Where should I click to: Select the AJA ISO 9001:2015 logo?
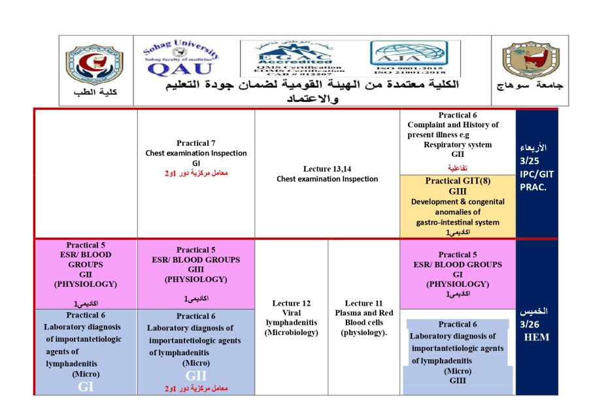[407, 60]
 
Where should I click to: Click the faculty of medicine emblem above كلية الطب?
[94, 65]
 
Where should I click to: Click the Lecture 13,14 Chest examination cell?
[327, 174]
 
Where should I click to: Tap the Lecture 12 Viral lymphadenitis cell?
[292, 317]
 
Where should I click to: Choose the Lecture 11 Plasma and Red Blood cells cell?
[363, 317]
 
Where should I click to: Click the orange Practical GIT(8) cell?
[457, 206]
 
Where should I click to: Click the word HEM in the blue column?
[536, 337]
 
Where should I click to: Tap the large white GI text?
[86, 386]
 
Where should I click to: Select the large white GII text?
[195, 376]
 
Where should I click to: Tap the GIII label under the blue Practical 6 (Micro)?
[458, 381]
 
